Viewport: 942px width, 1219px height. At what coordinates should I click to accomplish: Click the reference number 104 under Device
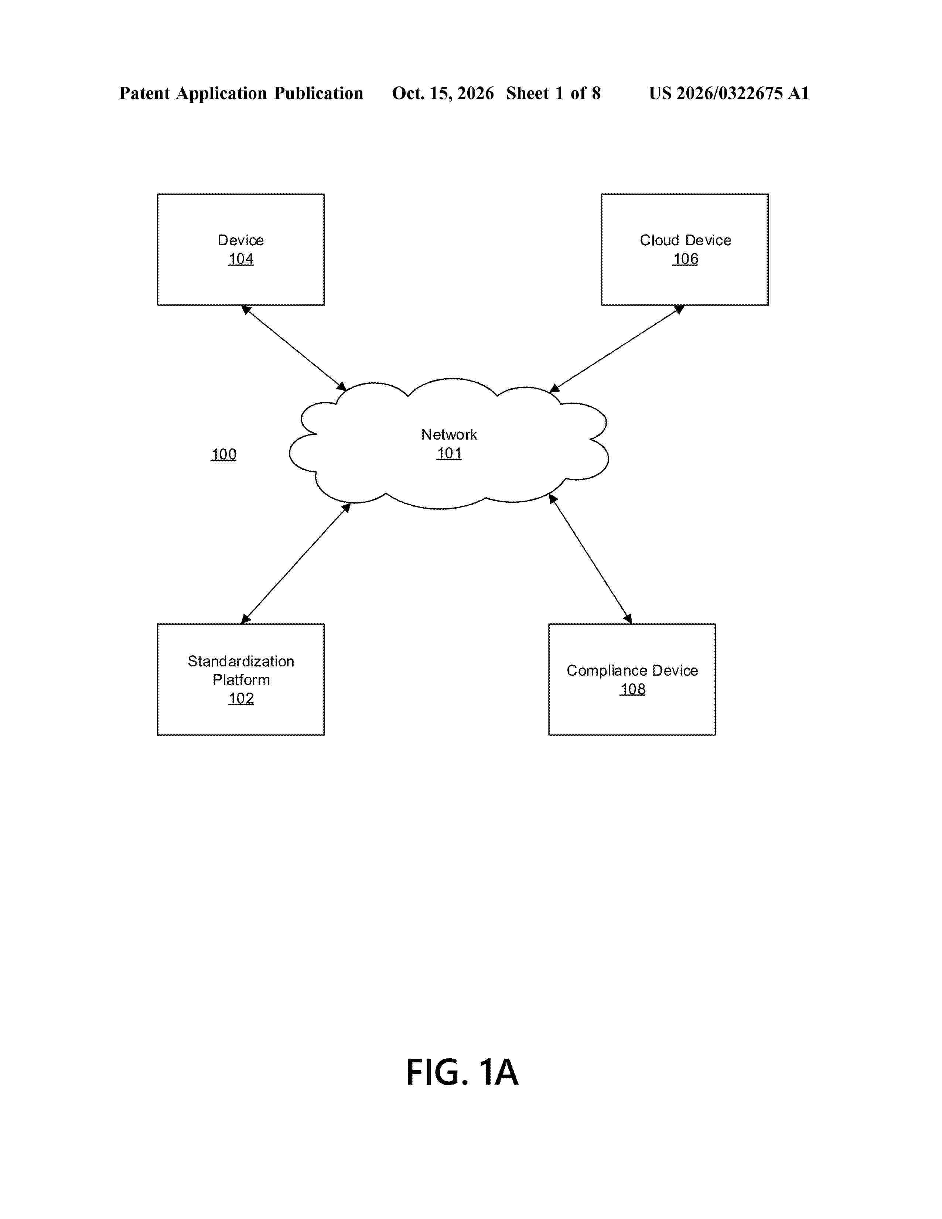(x=241, y=259)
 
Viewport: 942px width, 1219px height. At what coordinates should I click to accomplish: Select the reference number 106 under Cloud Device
(x=685, y=259)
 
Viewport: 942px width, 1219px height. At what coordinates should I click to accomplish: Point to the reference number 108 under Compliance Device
(x=633, y=689)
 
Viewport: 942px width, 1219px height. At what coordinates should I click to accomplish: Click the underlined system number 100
(x=224, y=454)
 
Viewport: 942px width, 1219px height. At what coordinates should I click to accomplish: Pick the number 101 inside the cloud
(x=449, y=453)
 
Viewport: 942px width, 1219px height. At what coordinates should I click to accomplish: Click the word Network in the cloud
(x=449, y=434)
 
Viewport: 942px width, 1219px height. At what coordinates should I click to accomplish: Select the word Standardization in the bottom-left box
(x=241, y=662)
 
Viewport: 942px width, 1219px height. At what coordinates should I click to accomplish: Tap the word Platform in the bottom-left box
(x=241, y=680)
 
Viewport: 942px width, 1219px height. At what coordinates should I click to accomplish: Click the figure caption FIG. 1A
(x=463, y=1072)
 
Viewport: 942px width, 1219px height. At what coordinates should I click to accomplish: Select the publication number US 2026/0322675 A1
(x=729, y=93)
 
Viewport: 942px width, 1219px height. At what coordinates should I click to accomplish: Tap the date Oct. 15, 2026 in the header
(x=443, y=93)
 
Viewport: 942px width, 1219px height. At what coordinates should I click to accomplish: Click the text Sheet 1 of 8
(x=554, y=93)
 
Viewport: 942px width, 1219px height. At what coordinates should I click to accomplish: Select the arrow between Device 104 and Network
(x=294, y=348)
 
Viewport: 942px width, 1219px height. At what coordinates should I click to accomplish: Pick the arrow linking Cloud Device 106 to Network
(x=617, y=349)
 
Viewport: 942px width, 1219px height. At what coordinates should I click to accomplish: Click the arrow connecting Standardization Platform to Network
(x=296, y=563)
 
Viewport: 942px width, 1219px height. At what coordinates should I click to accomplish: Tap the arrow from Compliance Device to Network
(x=590, y=559)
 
